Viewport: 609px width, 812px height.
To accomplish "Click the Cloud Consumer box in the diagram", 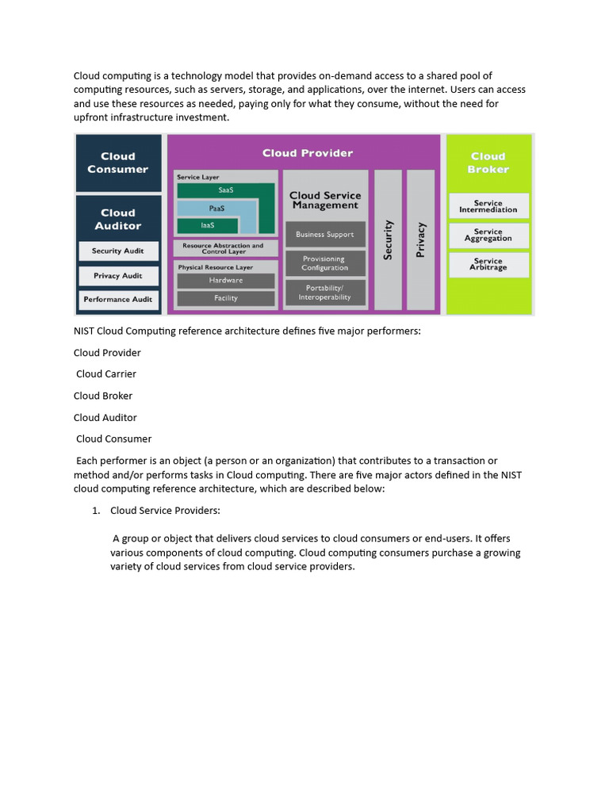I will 117,163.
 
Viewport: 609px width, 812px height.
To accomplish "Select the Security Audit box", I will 118,251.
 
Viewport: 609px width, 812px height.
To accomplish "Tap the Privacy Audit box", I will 118,276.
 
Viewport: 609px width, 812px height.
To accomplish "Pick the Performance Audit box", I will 118,300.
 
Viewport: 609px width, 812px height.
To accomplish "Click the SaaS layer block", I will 225,190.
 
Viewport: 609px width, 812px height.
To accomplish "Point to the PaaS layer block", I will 216,208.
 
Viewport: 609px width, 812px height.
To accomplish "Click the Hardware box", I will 225,281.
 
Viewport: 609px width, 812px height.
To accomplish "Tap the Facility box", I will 225,298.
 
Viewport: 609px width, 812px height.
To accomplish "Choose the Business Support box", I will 325,235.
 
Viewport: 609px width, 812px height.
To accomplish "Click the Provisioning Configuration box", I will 325,263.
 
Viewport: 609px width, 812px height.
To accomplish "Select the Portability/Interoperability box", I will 325,293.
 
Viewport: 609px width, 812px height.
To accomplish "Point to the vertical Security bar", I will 388,239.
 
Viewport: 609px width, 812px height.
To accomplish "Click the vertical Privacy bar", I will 420,239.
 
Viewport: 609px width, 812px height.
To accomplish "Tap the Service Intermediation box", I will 488,206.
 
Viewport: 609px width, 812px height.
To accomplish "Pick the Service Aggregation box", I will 488,235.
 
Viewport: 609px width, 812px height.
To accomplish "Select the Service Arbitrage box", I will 488,264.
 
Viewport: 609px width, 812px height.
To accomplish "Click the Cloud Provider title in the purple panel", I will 308,153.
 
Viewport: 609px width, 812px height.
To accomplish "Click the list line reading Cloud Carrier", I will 106,374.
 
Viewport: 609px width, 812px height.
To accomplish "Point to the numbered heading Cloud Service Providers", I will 165,511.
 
